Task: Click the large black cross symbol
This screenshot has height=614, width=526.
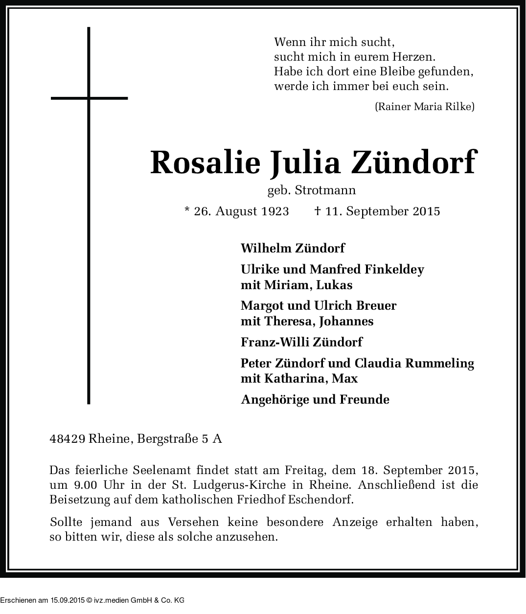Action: (x=89, y=98)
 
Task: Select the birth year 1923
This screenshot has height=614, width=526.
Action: (x=274, y=211)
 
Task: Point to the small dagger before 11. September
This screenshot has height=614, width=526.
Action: (x=317, y=211)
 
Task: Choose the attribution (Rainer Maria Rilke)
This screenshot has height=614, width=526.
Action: (x=424, y=106)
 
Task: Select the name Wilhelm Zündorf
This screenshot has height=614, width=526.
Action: (x=293, y=248)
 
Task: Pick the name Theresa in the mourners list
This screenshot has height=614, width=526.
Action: (x=288, y=321)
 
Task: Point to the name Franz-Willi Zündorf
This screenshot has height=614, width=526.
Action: (x=301, y=342)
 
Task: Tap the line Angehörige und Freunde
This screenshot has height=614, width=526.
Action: (x=315, y=400)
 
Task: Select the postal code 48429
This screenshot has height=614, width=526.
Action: (x=68, y=439)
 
